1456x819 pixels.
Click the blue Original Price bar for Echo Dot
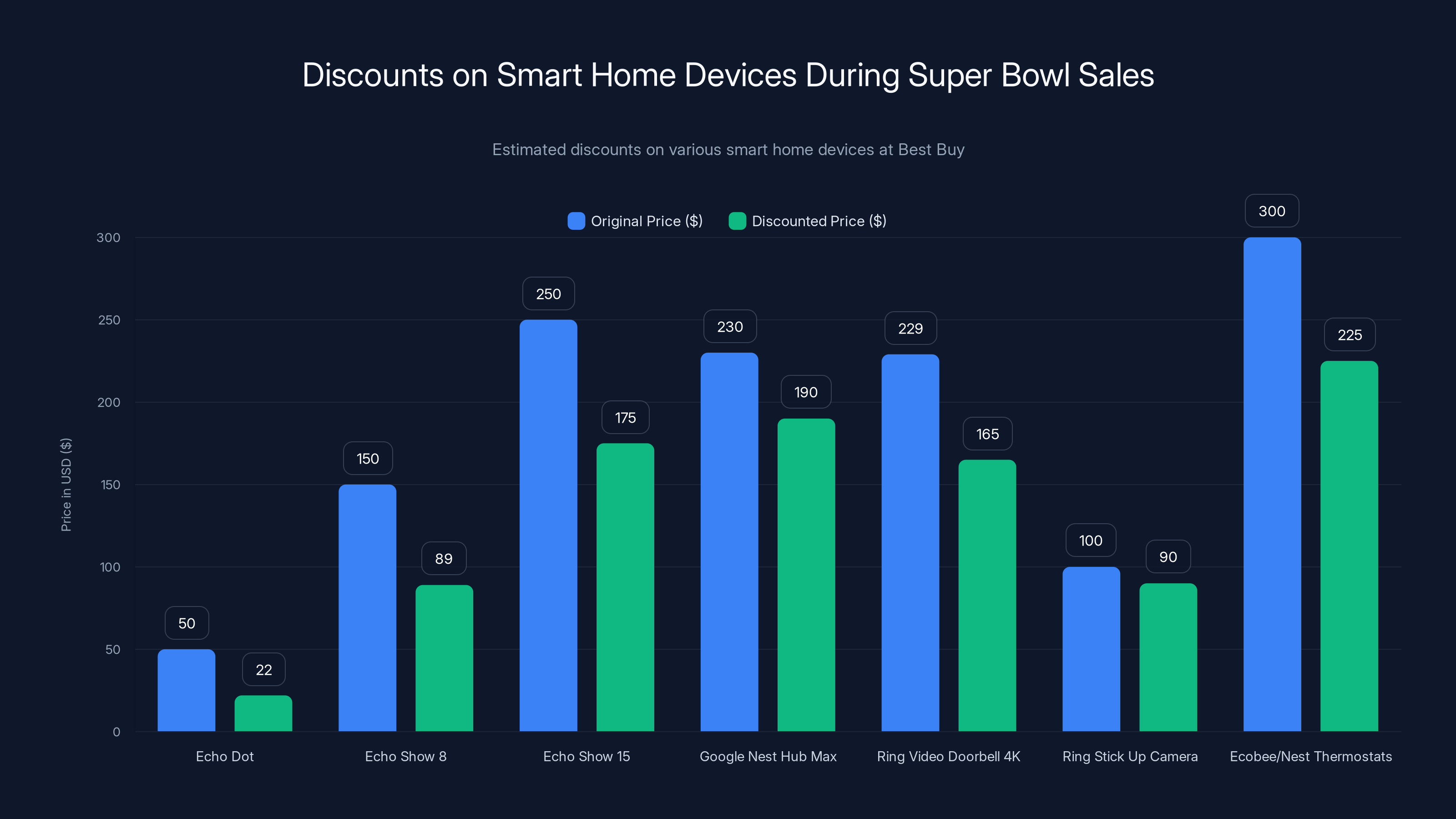[186, 690]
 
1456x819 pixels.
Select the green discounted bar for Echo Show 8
[444, 658]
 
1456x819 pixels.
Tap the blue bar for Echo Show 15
[548, 526]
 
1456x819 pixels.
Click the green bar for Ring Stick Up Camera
[1168, 657]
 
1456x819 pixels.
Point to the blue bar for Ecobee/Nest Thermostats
[1272, 485]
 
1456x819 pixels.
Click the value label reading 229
[910, 329]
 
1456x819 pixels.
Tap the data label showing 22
[263, 670]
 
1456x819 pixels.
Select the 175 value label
[625, 418]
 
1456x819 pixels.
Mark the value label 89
[444, 558]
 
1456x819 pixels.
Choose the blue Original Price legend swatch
[576, 221]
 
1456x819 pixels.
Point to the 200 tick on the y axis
[109, 402]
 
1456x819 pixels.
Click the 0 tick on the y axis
[116, 732]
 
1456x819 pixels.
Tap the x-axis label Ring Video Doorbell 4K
[948, 756]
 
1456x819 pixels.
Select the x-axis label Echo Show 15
[586, 756]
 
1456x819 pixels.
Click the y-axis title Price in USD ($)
[66, 485]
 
